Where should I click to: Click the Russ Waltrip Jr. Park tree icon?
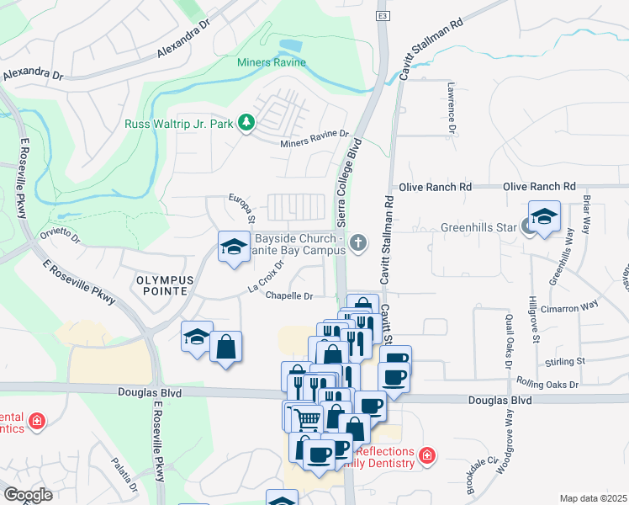(246, 124)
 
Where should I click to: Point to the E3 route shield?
(383, 16)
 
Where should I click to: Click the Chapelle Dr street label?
(289, 295)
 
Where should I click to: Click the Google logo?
(28, 495)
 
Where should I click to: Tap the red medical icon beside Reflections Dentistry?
(427, 455)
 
